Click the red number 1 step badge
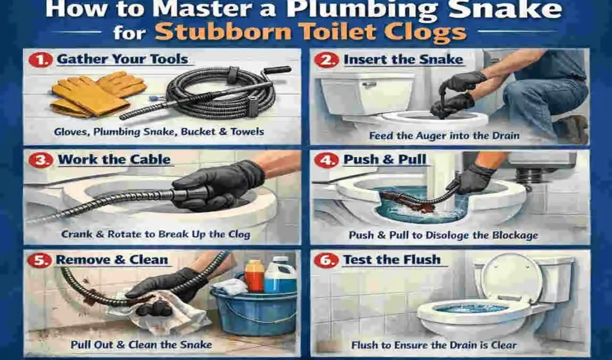[41, 60]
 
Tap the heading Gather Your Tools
[122, 60]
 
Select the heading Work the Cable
[114, 160]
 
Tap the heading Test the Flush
[391, 260]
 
